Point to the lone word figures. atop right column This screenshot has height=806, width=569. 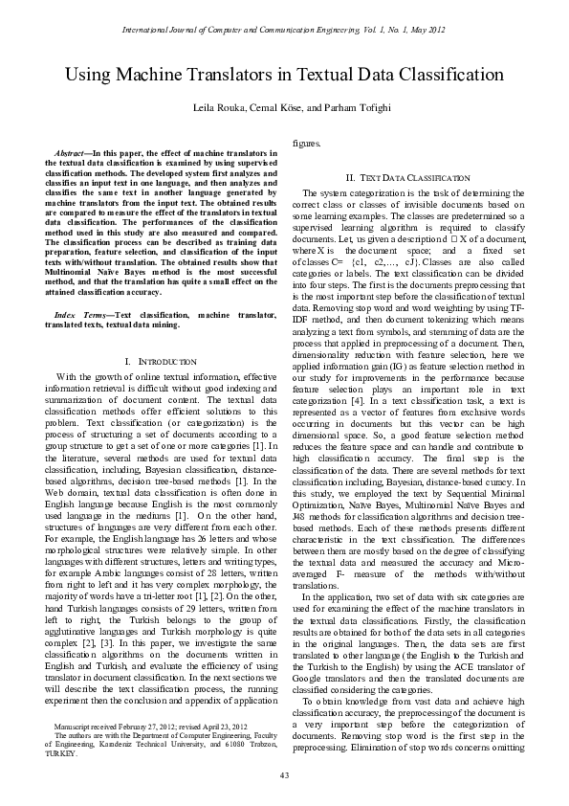306,143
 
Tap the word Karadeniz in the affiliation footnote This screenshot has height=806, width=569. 118,745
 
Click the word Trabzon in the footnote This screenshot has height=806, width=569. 261,745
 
